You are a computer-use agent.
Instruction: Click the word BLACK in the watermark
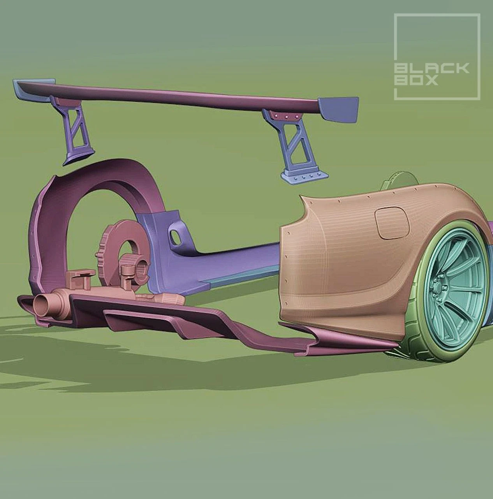coord(431,69)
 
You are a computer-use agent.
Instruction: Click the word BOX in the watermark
coord(416,80)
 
